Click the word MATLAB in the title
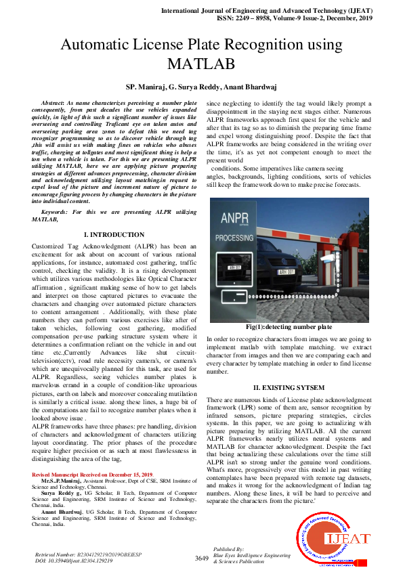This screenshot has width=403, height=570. tap(201, 64)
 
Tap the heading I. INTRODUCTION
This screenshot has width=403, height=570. tap(114, 234)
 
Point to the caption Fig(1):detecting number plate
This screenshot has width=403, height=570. tap(289, 327)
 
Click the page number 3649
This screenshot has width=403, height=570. tap(201, 558)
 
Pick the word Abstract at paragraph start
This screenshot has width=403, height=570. tap(54, 101)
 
